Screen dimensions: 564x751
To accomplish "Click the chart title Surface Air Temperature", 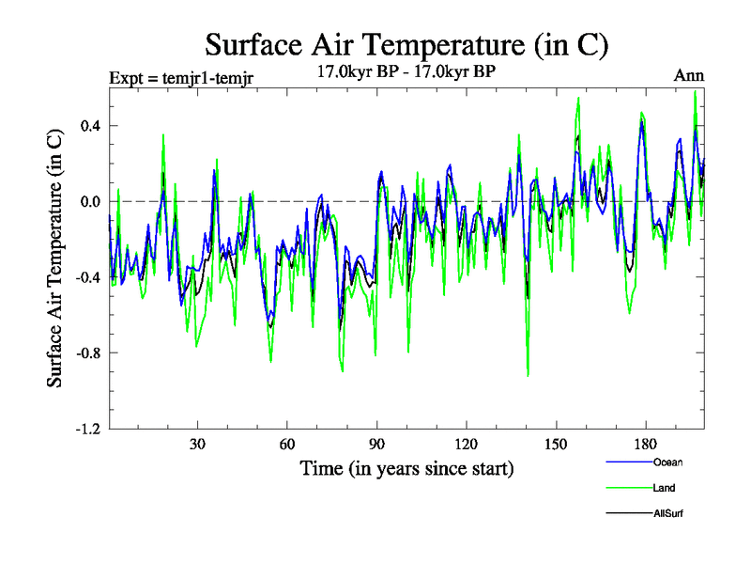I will click(407, 44).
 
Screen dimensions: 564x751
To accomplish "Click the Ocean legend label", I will click(667, 462).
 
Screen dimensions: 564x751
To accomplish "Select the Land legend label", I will click(664, 488).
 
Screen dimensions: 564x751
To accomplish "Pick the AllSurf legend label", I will click(667, 513).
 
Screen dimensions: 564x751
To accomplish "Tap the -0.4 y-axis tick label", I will click(86, 277).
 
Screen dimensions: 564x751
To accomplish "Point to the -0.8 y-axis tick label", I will click(86, 353).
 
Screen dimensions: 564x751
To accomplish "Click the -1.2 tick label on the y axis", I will click(86, 429).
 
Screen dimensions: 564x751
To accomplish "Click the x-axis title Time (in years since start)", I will click(406, 467).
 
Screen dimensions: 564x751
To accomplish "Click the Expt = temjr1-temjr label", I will click(178, 77).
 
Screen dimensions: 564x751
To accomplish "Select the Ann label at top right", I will click(689, 76).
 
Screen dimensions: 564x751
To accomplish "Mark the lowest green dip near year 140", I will click(528, 376).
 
